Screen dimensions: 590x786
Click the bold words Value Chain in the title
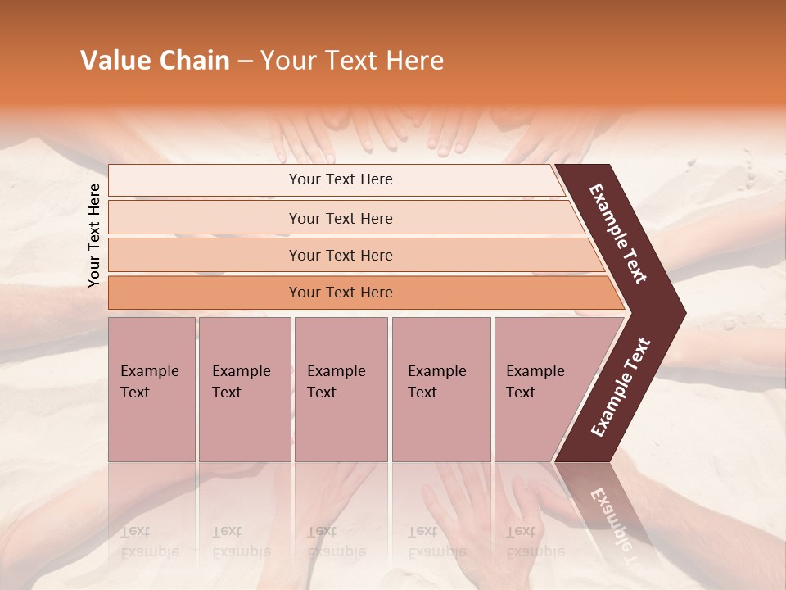tap(155, 61)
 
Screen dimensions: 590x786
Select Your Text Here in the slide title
tap(352, 61)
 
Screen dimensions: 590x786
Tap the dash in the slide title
tap(245, 61)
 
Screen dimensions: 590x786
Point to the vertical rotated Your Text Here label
tap(94, 235)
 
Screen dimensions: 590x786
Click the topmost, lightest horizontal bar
tap(341, 179)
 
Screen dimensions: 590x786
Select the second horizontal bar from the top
tap(341, 218)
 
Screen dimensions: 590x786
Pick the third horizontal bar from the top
tap(341, 255)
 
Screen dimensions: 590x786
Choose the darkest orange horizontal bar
tap(341, 293)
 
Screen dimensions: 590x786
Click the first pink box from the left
tap(151, 389)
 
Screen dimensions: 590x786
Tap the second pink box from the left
tap(244, 389)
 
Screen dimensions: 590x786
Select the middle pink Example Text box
tap(341, 389)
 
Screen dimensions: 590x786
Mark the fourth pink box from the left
tap(441, 389)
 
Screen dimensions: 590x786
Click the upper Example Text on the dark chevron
tap(618, 234)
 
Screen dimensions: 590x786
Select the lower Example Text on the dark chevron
tap(621, 387)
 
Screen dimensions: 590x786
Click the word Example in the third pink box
tap(336, 371)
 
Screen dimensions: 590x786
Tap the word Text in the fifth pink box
tap(520, 393)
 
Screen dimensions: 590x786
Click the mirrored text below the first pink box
tap(149, 542)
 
